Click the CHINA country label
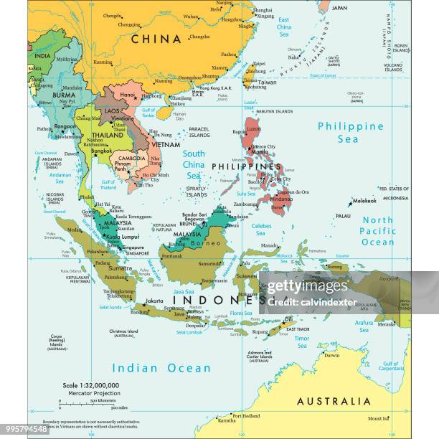pos(156,39)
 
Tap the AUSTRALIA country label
pos(334,401)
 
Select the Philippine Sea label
pos(351,132)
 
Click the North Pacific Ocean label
pos(377,231)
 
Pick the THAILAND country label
pos(107,135)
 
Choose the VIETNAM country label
pos(166,144)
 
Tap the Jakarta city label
pos(154,301)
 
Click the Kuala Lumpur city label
pos(121,236)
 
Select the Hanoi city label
pos(128,94)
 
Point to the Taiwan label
pos(267,82)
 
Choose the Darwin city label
pos(331,355)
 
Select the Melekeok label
pos(364,202)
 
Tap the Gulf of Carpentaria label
pos(391,367)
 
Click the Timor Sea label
pos(302,341)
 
